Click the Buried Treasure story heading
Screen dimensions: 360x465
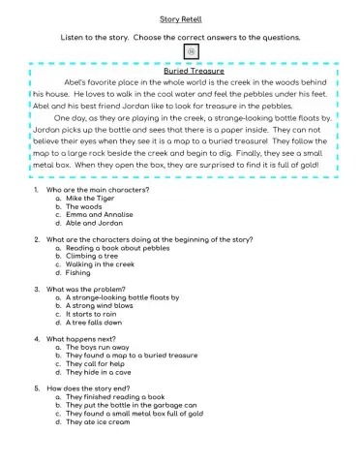(x=194, y=71)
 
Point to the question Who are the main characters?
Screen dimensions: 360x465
(x=104, y=189)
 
